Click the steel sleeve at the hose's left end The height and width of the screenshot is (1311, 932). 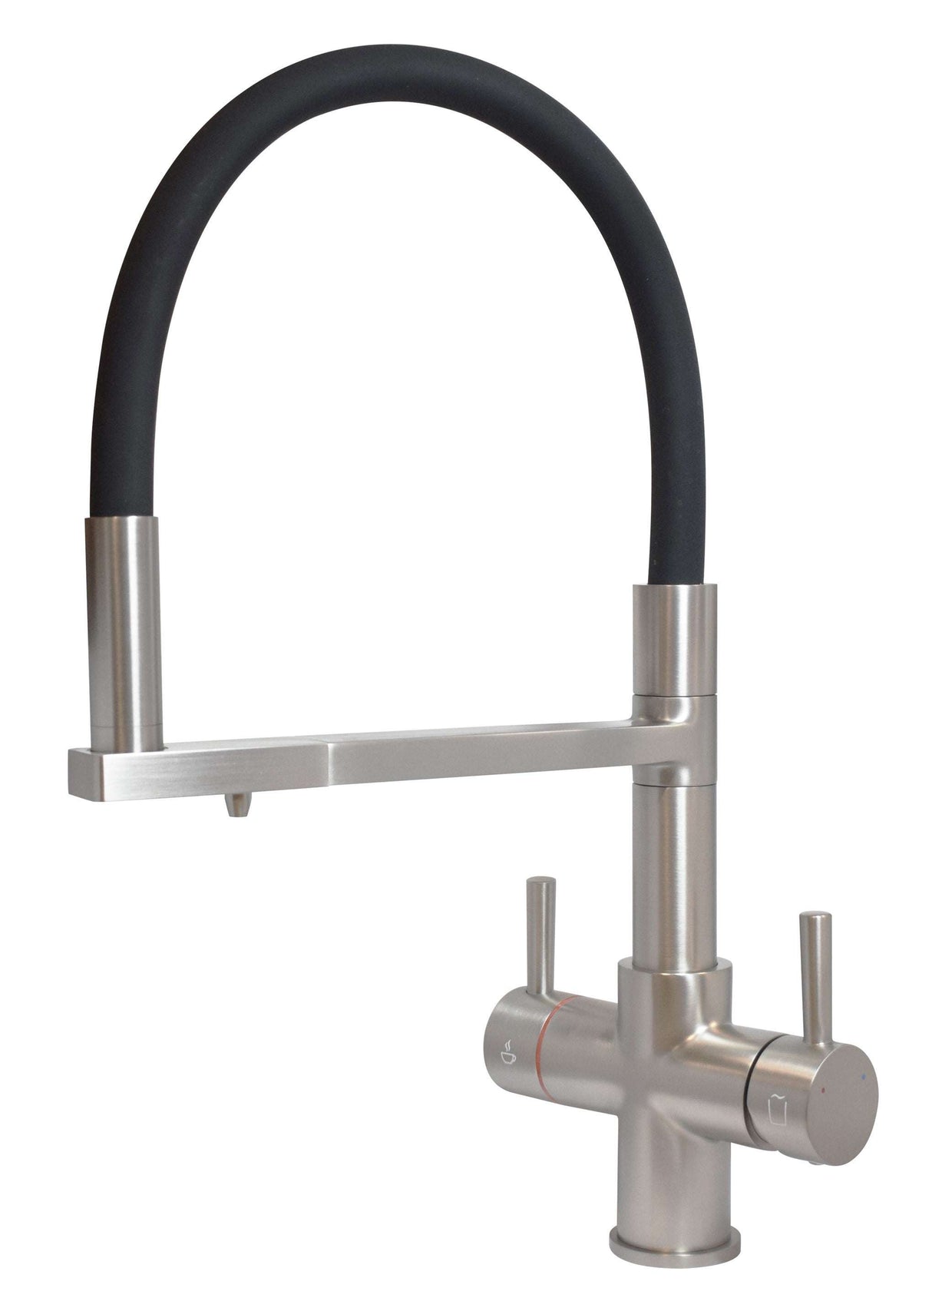[124, 630]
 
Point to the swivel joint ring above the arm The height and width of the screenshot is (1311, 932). [673, 704]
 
